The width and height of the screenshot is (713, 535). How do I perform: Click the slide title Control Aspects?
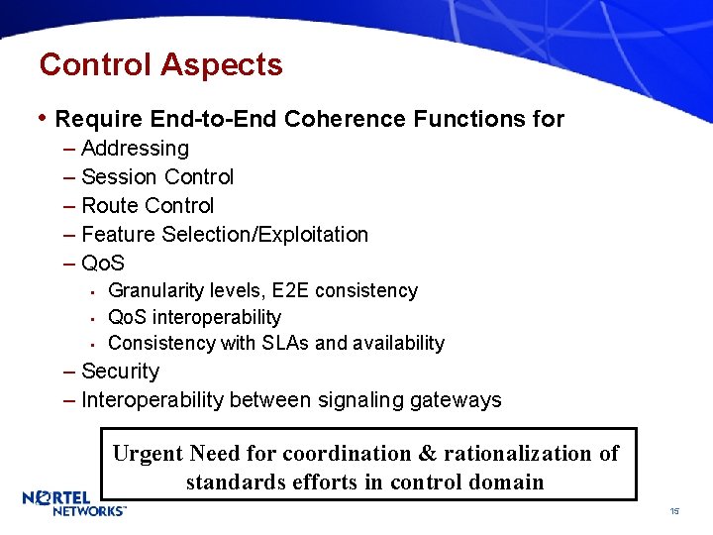click(160, 65)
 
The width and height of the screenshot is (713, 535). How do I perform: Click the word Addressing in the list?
click(135, 149)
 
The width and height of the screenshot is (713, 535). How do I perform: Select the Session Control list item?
click(157, 177)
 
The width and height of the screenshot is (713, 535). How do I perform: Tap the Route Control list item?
click(148, 206)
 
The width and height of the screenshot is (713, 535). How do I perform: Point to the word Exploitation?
click(316, 235)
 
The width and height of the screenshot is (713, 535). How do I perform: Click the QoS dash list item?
click(103, 264)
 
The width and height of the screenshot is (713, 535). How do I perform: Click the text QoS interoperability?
click(194, 317)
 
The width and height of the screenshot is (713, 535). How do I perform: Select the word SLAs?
click(284, 343)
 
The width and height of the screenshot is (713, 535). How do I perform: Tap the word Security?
click(120, 372)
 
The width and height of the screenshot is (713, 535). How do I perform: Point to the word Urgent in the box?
click(148, 454)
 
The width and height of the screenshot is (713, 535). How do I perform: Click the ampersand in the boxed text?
click(427, 454)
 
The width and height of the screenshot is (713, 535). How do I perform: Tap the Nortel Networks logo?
click(73, 502)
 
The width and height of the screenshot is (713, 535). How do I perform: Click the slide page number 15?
click(673, 511)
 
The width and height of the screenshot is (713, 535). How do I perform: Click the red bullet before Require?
click(43, 119)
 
